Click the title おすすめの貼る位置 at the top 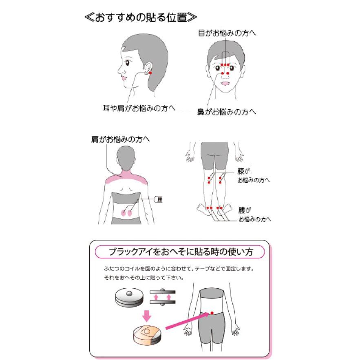tap(140, 18)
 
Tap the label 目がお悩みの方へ tap(227, 33)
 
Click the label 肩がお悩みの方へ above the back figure tap(121, 139)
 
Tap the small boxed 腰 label tap(159, 199)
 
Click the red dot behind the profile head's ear tap(150, 73)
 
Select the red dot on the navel tap(212, 313)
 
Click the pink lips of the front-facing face tap(225, 84)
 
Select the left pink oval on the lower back tap(123, 212)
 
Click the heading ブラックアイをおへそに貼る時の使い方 tap(181, 252)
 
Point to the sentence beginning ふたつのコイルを tap(179, 269)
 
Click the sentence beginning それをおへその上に tap(144, 278)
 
